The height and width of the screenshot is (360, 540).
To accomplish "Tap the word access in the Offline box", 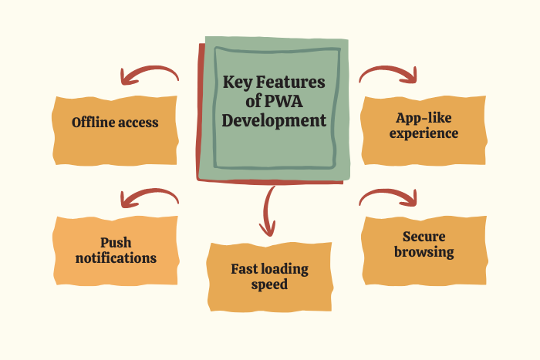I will [140, 123].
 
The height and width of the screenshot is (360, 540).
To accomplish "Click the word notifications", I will [116, 258].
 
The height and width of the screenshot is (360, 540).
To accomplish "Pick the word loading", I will [286, 269].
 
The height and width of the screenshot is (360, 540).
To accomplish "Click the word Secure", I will [424, 237].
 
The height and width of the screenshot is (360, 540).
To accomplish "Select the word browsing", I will [424, 252].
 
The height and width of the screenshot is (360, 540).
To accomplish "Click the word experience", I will [424, 133].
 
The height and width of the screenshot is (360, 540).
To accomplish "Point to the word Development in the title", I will [274, 121].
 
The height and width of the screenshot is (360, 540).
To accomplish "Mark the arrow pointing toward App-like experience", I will [390, 73].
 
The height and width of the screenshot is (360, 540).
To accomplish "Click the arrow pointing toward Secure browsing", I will [390, 197].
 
